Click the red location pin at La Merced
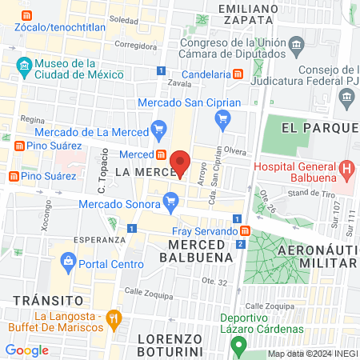180,162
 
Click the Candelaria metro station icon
238,74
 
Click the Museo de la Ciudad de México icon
23,65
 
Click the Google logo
26,350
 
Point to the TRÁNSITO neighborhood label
48,299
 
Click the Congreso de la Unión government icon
296,42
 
